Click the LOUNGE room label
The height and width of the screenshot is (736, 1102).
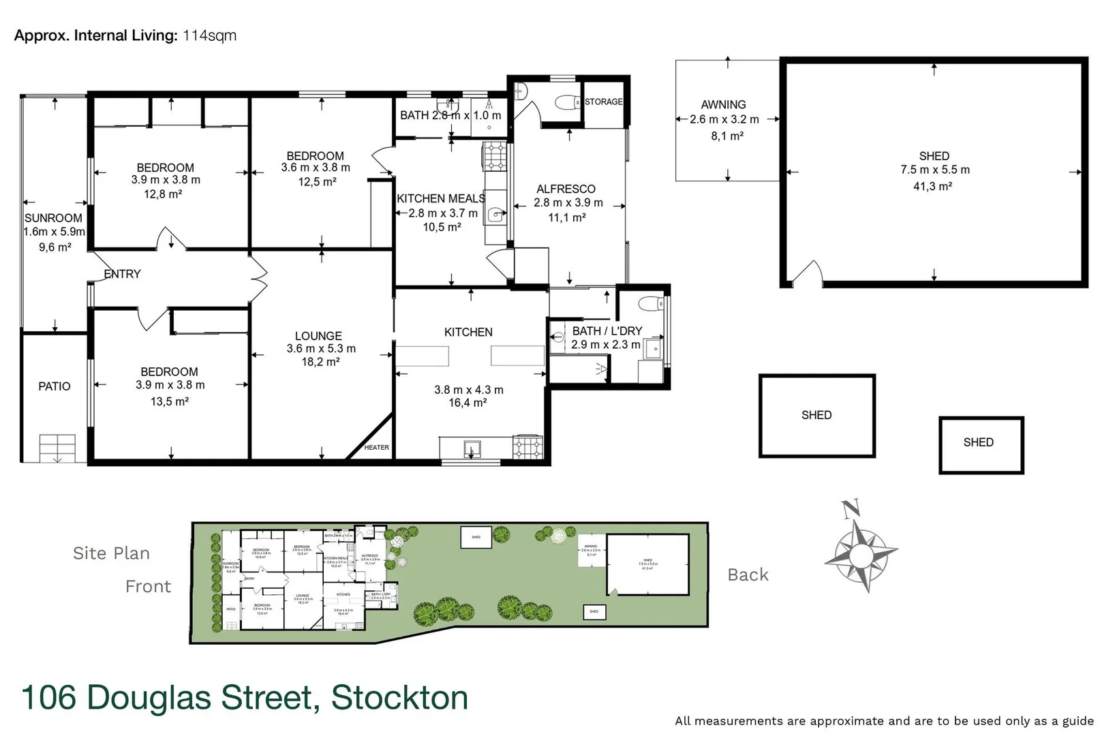click(318, 336)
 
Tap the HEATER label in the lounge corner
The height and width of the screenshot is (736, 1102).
click(376, 448)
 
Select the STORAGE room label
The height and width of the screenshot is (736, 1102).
click(603, 102)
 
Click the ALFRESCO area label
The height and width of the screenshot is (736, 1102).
click(566, 189)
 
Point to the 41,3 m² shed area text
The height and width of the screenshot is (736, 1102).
click(933, 186)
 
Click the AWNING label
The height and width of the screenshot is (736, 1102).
click(723, 104)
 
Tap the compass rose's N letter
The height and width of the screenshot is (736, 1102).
click(851, 508)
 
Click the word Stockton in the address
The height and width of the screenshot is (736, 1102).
click(399, 698)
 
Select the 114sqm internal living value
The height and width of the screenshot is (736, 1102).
click(209, 35)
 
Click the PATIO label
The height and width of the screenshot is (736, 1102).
click(55, 386)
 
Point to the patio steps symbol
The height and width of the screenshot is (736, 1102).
click(57, 448)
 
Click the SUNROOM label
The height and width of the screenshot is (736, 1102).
click(53, 218)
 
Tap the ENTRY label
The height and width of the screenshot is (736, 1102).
click(123, 274)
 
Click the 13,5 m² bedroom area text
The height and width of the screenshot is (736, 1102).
click(169, 401)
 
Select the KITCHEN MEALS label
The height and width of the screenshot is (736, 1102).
click(441, 198)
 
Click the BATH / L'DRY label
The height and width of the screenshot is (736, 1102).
click(607, 331)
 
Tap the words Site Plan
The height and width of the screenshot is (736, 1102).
click(111, 553)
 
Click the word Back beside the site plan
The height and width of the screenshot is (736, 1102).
click(748, 575)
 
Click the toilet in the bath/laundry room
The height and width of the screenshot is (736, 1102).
click(649, 303)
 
